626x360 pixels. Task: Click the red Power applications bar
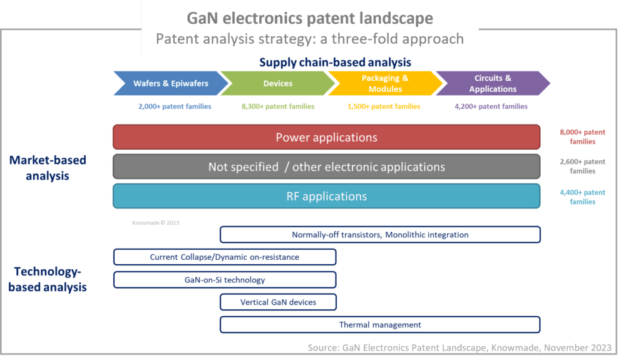click(x=326, y=137)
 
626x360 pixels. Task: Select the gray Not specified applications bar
click(x=326, y=167)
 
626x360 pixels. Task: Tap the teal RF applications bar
click(x=326, y=196)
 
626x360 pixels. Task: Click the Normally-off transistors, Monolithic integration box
click(x=380, y=235)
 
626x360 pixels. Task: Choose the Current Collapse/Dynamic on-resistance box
click(x=224, y=257)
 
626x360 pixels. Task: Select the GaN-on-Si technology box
click(x=224, y=280)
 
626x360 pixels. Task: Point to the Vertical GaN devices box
click(x=278, y=302)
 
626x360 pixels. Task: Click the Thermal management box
click(x=380, y=325)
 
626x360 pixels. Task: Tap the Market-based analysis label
click(x=48, y=167)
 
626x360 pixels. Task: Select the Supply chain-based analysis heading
click(x=335, y=63)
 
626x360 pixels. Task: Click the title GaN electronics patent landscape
click(x=310, y=18)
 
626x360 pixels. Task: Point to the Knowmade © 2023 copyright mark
click(x=155, y=222)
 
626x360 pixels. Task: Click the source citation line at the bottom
click(x=459, y=347)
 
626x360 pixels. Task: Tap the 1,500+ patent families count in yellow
click(x=384, y=106)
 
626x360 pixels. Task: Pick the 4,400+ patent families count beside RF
click(x=583, y=197)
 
